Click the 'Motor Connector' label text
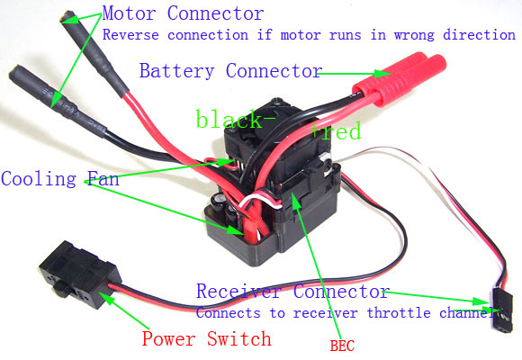point(183,14)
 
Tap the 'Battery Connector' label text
point(230,71)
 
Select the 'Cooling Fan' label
point(60,179)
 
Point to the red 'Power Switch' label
point(207,338)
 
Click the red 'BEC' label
point(342,346)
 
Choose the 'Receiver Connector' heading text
point(293,292)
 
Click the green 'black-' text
point(236,119)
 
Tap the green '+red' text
point(336,130)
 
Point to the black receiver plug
point(502,310)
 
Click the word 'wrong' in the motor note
point(414,35)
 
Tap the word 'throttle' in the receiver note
point(399,313)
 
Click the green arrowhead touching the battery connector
point(382,74)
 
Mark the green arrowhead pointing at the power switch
point(107,297)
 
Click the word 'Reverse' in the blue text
point(130,35)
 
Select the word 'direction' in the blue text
point(480,35)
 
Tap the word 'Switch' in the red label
point(239,338)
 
